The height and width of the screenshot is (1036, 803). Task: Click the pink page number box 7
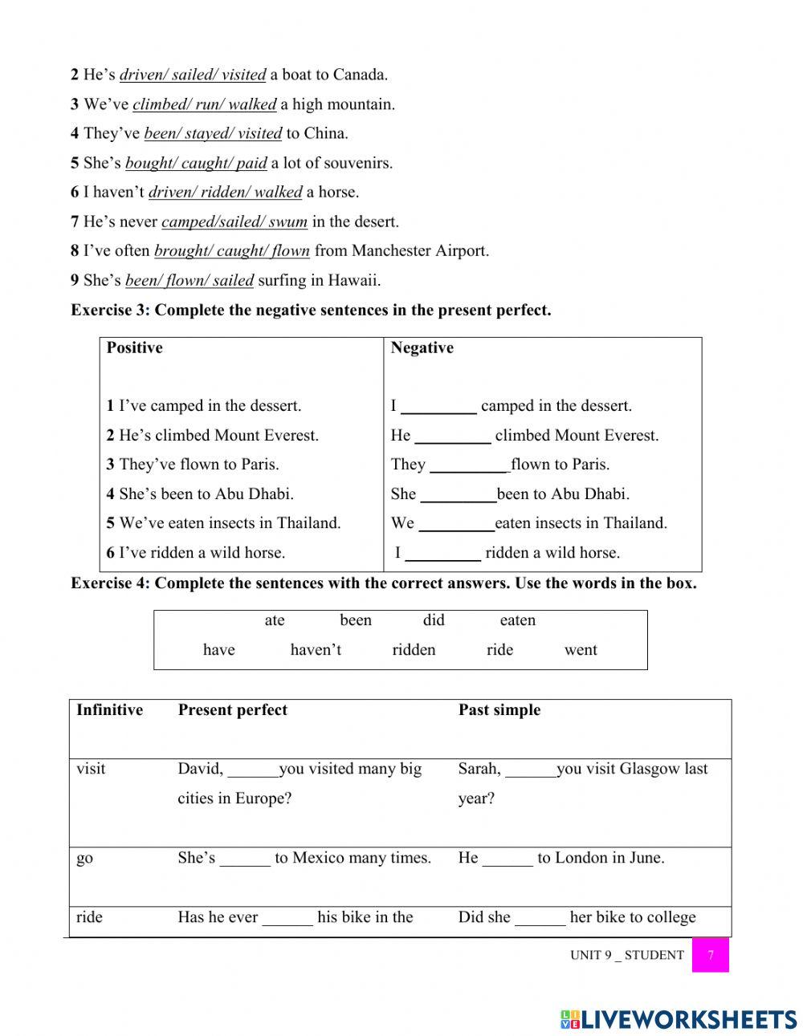[x=710, y=955]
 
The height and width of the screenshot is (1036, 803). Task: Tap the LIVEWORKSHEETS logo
[x=678, y=1019]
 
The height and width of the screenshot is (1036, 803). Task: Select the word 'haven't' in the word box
[x=316, y=650]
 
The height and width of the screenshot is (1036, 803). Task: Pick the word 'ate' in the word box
[x=275, y=620]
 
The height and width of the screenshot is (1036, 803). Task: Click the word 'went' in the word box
[x=581, y=650]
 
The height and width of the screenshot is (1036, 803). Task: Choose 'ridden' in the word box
[x=414, y=650]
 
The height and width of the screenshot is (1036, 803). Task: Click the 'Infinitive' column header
[x=109, y=710]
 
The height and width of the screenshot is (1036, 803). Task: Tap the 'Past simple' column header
[x=499, y=710]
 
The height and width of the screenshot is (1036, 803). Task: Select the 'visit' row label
[x=91, y=769]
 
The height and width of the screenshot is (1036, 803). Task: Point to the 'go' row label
[x=84, y=858]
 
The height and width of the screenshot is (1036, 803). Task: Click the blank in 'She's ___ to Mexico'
[x=245, y=859]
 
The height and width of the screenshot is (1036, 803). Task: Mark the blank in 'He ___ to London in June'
[x=507, y=859]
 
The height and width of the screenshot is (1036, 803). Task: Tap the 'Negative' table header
[x=422, y=347]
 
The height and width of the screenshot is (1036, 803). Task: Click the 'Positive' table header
[x=134, y=347]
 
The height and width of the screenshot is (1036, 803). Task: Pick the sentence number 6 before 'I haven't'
[x=75, y=193]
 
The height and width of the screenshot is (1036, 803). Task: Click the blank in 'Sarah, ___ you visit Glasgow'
[x=531, y=770]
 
